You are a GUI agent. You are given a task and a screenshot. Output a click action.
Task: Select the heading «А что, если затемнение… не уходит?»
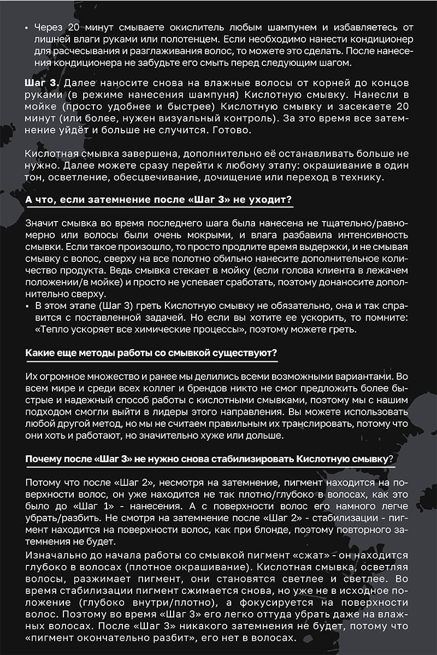(x=159, y=200)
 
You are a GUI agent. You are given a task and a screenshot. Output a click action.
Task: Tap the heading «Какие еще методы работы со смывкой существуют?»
(x=151, y=353)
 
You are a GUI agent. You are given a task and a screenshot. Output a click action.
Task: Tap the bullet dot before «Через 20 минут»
(x=28, y=28)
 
